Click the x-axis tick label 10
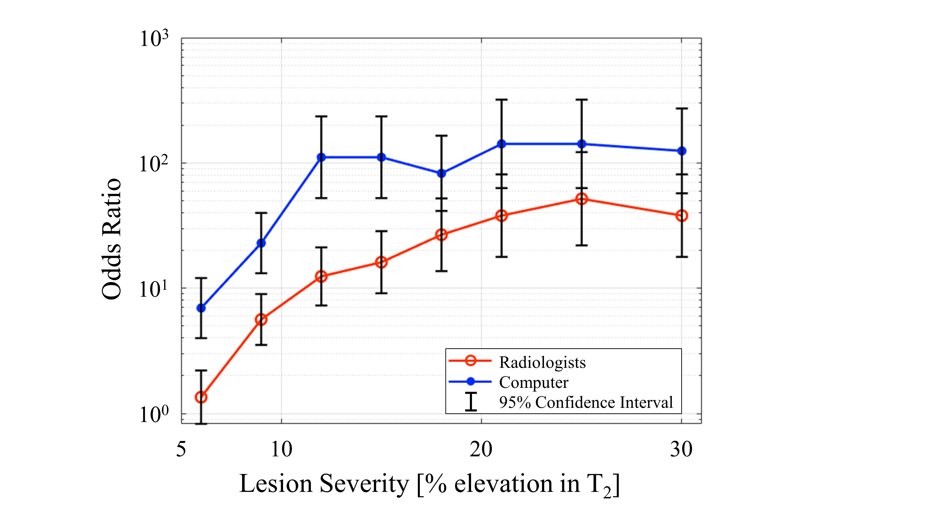tap(281, 449)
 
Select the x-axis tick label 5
tap(181, 449)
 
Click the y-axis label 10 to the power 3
tap(154, 39)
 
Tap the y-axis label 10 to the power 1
tap(154, 289)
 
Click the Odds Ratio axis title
tap(111, 239)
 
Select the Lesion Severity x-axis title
tap(429, 484)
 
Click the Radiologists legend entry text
tap(542, 362)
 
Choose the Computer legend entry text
tap(533, 382)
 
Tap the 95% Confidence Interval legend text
tap(586, 402)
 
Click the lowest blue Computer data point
tap(201, 308)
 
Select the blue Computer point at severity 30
tap(681, 151)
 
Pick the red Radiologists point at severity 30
tap(681, 216)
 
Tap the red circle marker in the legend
tap(470, 361)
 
